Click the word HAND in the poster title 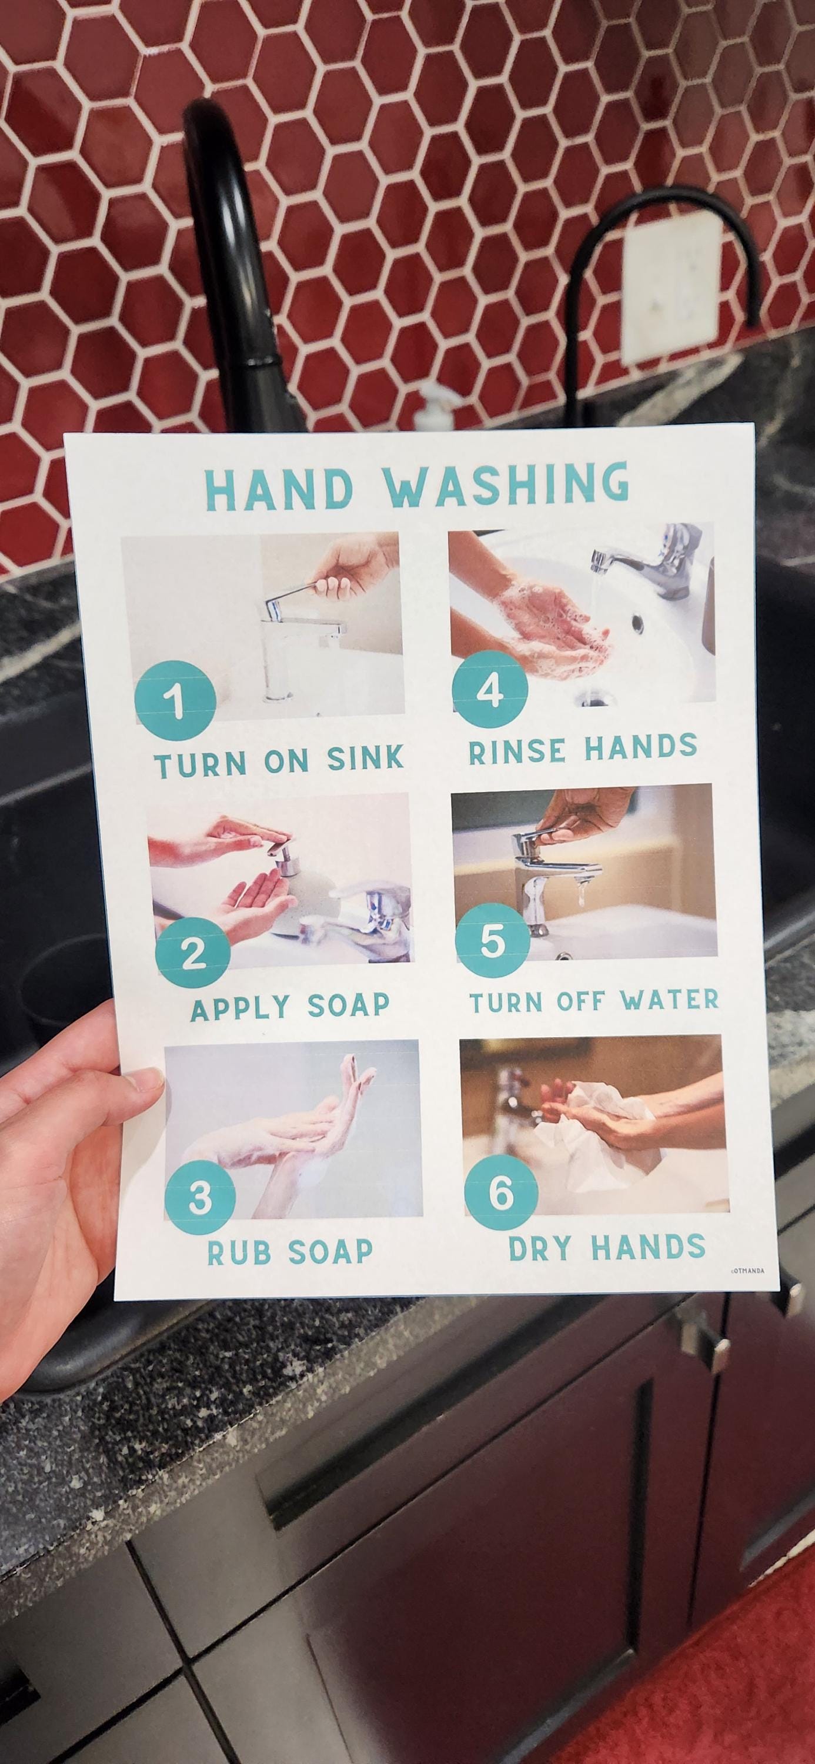pyautogui.click(x=279, y=487)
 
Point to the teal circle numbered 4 pyautogui.click(x=490, y=691)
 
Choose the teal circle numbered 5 pyautogui.click(x=492, y=941)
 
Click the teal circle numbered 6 pyautogui.click(x=500, y=1194)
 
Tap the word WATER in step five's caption pyautogui.click(x=670, y=1000)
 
